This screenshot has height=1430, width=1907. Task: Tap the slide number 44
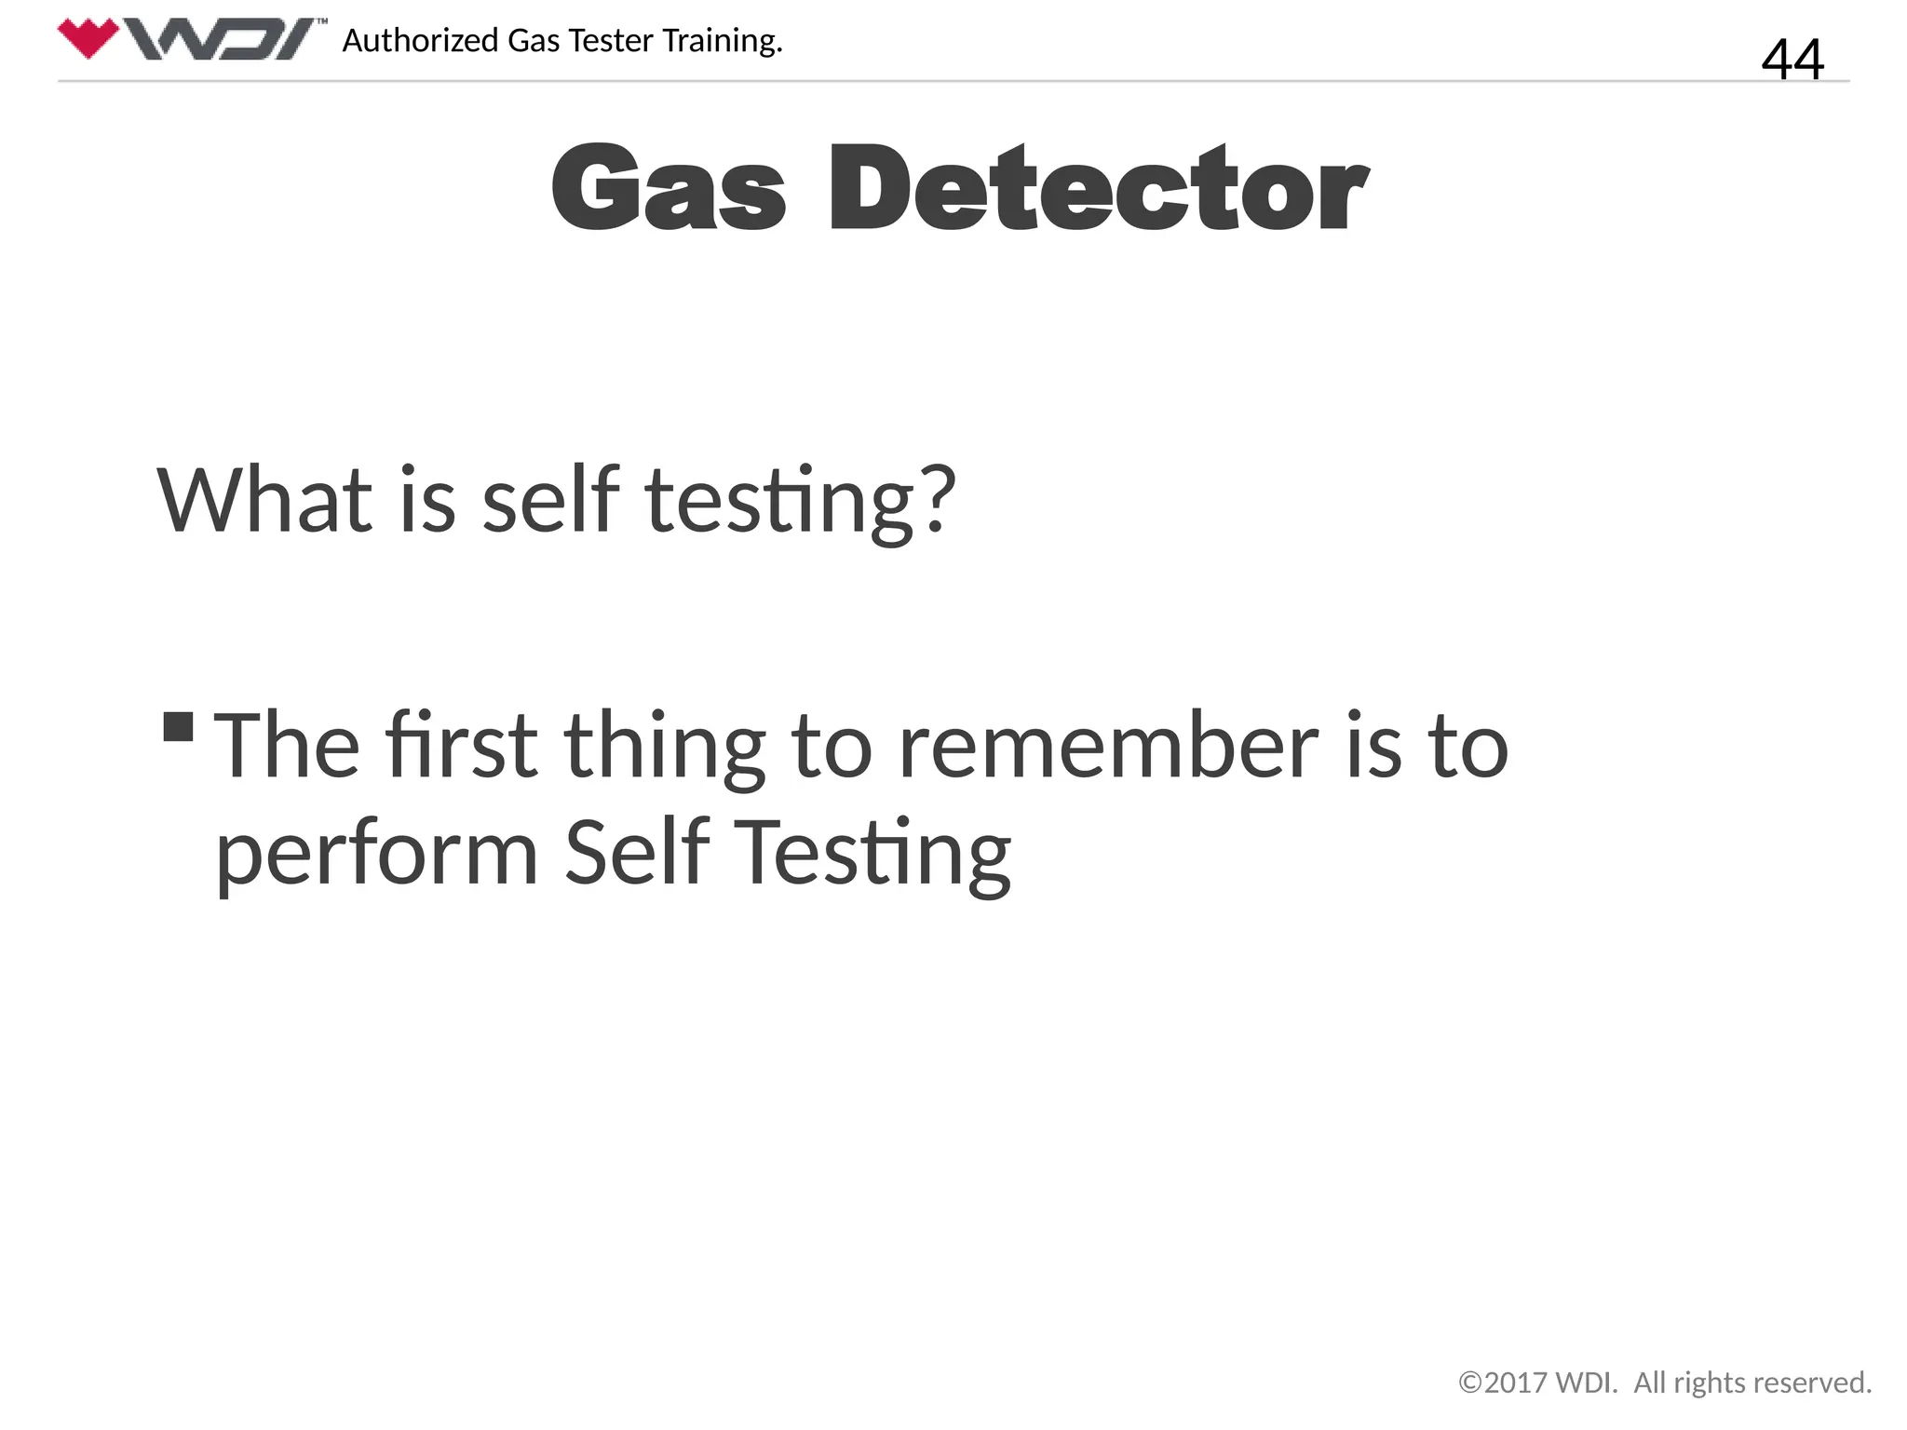point(1792,59)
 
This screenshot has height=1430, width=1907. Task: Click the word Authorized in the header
point(420,41)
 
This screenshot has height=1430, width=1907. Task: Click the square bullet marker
point(178,726)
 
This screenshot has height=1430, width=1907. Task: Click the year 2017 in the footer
point(1514,1383)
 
